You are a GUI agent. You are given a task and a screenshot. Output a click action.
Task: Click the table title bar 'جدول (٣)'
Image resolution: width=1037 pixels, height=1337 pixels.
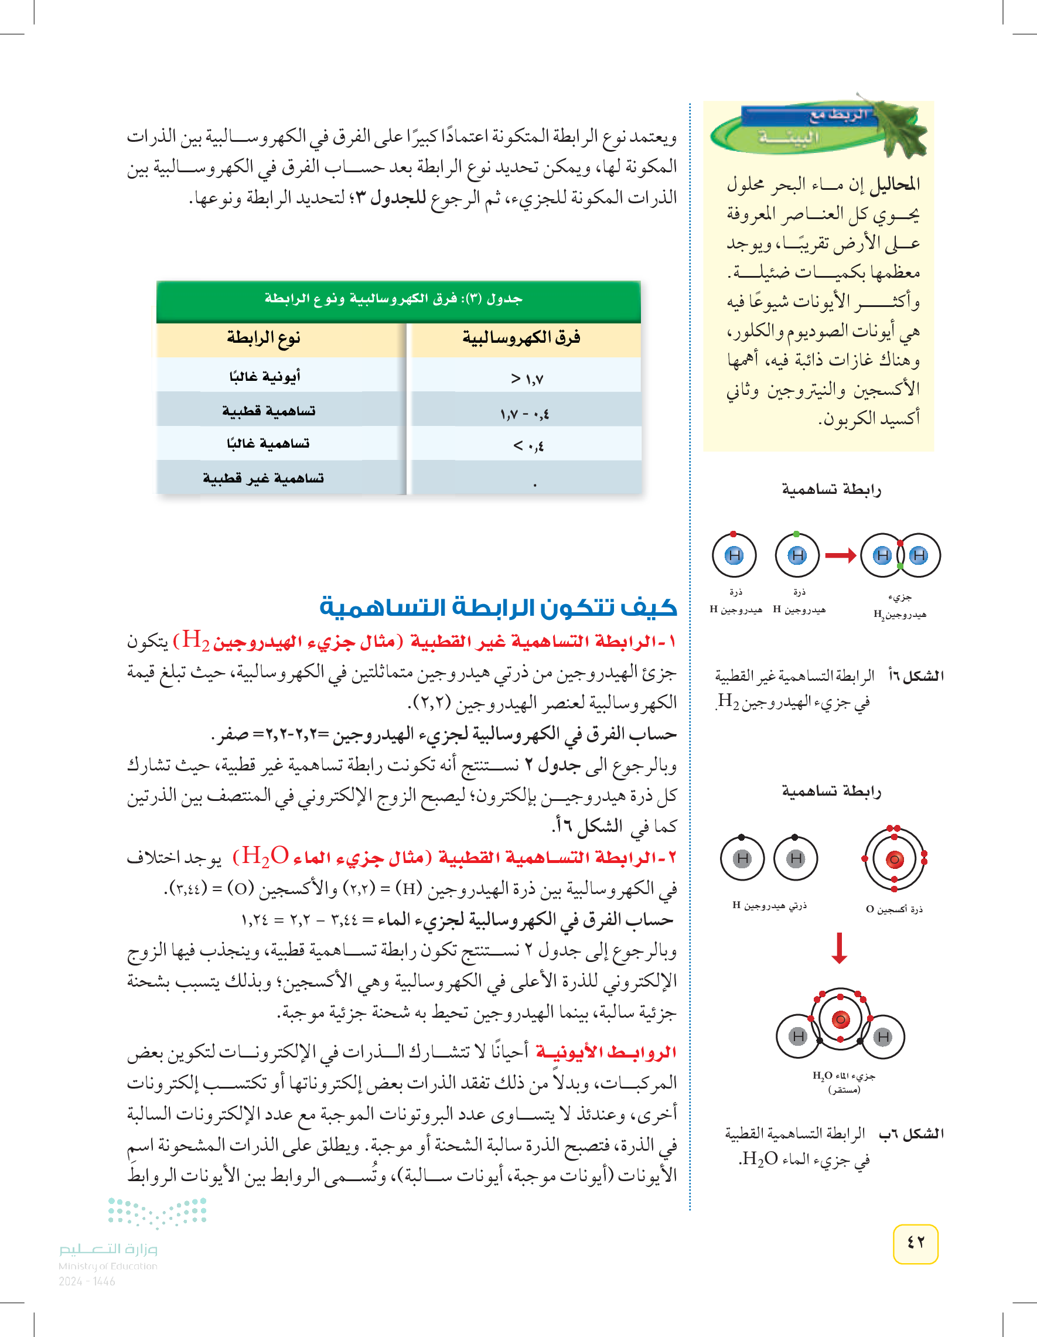398,299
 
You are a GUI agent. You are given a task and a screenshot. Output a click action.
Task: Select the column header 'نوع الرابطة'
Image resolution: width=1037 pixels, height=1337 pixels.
264,339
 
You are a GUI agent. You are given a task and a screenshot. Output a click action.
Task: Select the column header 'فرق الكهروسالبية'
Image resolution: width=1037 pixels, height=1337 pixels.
521,339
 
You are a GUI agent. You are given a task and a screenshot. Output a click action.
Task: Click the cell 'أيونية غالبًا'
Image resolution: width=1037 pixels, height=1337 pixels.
264,377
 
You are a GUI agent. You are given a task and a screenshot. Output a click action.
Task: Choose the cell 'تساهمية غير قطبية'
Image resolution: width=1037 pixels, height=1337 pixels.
263,478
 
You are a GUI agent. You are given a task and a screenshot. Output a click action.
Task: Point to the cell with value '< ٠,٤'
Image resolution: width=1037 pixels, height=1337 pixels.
528,446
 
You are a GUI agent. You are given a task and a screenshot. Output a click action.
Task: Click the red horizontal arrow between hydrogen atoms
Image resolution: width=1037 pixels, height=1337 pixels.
840,556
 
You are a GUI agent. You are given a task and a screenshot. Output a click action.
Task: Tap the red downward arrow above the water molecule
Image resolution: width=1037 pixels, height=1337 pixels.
840,947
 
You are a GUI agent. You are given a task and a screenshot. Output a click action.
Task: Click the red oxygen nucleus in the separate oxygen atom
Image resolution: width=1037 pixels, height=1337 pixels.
895,859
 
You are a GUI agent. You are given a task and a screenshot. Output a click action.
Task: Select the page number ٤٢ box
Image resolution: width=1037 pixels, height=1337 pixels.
915,1243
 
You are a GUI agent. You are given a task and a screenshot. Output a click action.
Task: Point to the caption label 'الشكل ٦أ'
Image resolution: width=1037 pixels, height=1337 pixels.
916,676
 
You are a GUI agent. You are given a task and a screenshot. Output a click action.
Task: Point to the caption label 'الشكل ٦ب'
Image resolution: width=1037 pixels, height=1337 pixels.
912,1134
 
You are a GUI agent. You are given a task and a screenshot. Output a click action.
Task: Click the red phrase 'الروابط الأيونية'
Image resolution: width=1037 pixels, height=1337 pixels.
605,1052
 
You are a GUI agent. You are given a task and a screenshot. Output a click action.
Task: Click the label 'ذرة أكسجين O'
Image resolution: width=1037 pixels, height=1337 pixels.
894,909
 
